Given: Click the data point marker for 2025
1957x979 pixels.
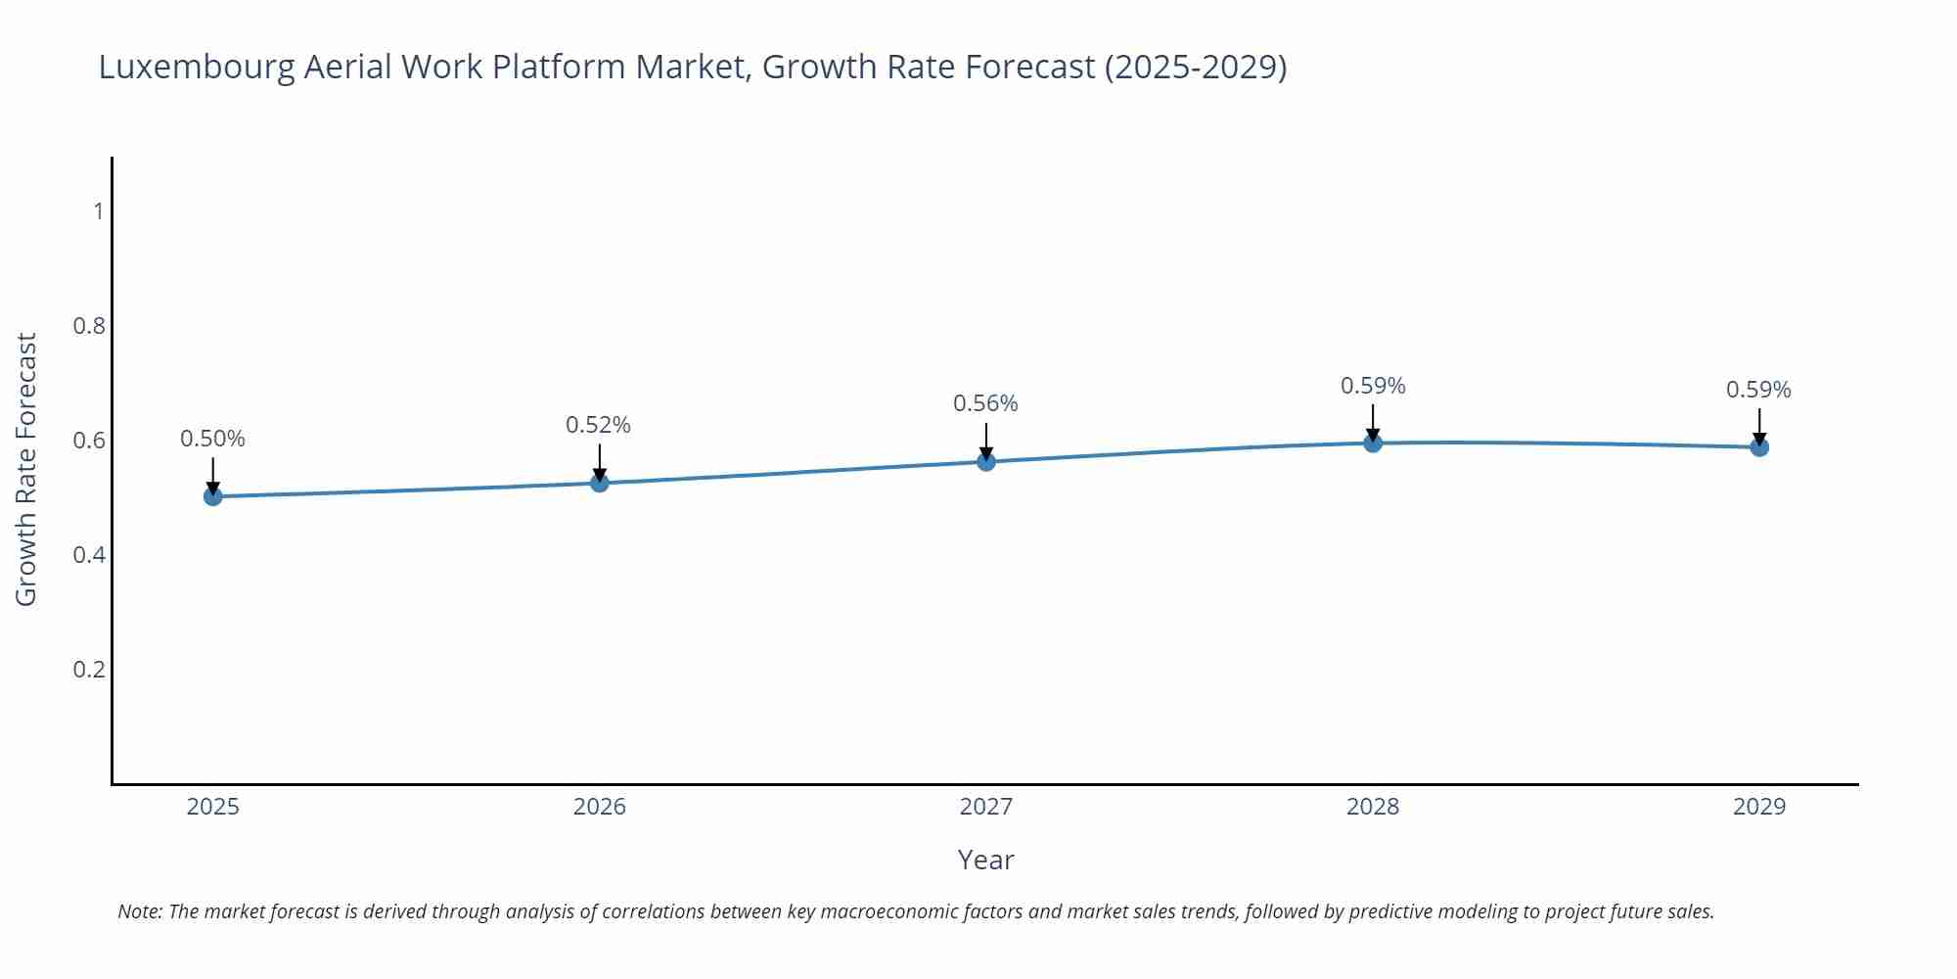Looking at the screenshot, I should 212,496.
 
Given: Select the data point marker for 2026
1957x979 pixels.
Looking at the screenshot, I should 600,483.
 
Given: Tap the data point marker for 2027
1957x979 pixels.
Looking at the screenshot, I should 986,461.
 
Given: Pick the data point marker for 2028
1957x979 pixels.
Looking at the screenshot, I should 1373,443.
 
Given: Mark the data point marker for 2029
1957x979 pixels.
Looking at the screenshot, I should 1759,447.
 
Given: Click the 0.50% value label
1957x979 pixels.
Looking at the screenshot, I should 212,439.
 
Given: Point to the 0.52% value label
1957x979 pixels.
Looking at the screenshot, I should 599,425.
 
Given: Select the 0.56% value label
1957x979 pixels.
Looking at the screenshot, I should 985,403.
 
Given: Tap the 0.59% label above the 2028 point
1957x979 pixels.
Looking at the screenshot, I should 1373,386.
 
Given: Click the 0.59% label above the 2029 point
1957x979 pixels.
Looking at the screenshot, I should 1758,390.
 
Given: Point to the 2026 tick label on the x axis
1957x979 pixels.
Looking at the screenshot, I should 600,807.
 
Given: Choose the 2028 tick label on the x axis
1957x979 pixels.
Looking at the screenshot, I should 1373,807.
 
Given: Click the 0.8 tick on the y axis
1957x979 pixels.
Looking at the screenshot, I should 89,325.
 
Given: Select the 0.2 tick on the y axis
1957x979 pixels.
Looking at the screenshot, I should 89,670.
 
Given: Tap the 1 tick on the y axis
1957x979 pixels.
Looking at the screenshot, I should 99,210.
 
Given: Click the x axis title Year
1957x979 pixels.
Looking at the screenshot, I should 985,860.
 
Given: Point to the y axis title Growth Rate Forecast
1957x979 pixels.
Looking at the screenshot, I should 26,469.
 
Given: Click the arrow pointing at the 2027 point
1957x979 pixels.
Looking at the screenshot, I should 986,440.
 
